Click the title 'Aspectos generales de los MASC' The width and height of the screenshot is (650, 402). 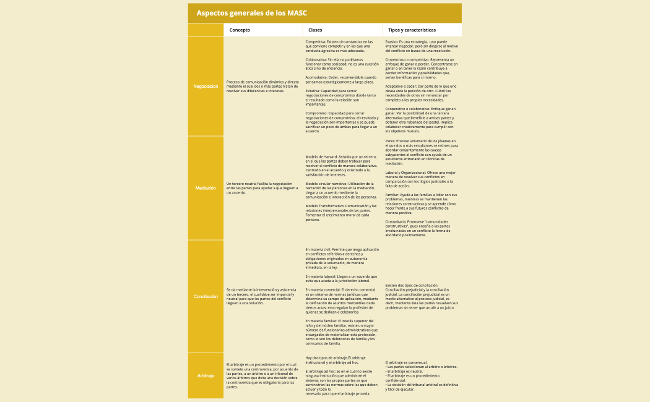point(251,12)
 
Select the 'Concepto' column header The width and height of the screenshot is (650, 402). point(240,30)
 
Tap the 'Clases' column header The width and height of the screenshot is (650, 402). point(315,30)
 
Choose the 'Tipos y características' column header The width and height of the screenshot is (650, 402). point(412,30)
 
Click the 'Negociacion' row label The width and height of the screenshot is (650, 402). point(206,87)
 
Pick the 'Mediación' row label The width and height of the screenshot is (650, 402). point(206,187)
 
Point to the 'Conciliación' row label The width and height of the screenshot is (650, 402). point(206,296)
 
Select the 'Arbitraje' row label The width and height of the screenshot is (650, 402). point(206,375)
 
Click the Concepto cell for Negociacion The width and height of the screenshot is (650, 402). point(263,87)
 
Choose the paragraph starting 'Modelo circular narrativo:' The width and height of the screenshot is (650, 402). point(342,190)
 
